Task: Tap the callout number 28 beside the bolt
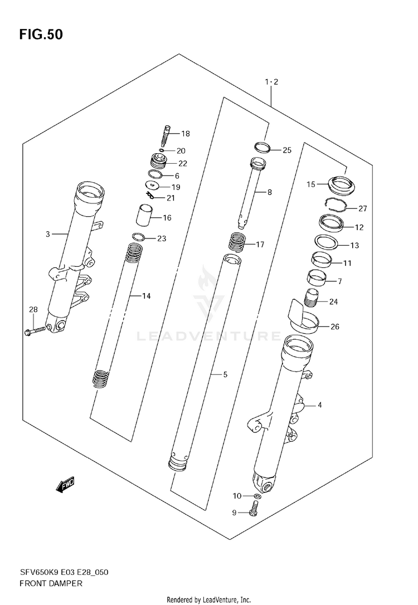coord(33,310)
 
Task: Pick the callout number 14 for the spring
coord(146,296)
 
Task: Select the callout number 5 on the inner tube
coord(225,375)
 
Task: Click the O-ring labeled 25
coord(263,148)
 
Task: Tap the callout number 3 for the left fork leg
coord(48,235)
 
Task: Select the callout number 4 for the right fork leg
coord(319,405)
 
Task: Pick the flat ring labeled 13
coord(326,243)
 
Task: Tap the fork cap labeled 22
coord(159,162)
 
